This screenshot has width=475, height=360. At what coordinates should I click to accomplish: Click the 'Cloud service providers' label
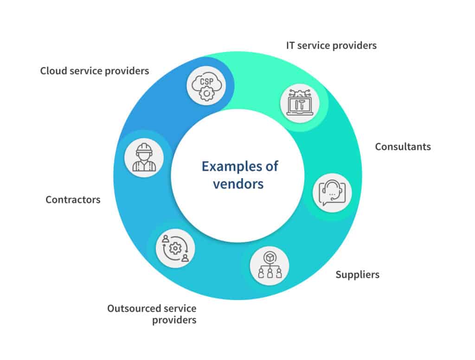(94, 71)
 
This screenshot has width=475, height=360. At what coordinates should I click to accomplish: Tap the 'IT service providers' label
(331, 45)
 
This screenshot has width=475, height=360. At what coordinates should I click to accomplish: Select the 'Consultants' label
(403, 147)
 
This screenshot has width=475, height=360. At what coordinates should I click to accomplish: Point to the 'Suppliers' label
(357, 275)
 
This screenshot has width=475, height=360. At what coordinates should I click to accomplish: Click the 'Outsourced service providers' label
(152, 314)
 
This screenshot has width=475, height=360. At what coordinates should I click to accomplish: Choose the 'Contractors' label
(73, 200)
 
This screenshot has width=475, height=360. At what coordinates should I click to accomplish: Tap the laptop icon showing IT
(300, 103)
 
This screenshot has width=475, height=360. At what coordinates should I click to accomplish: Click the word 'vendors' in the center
(238, 183)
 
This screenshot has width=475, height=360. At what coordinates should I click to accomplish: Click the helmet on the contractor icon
(144, 148)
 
